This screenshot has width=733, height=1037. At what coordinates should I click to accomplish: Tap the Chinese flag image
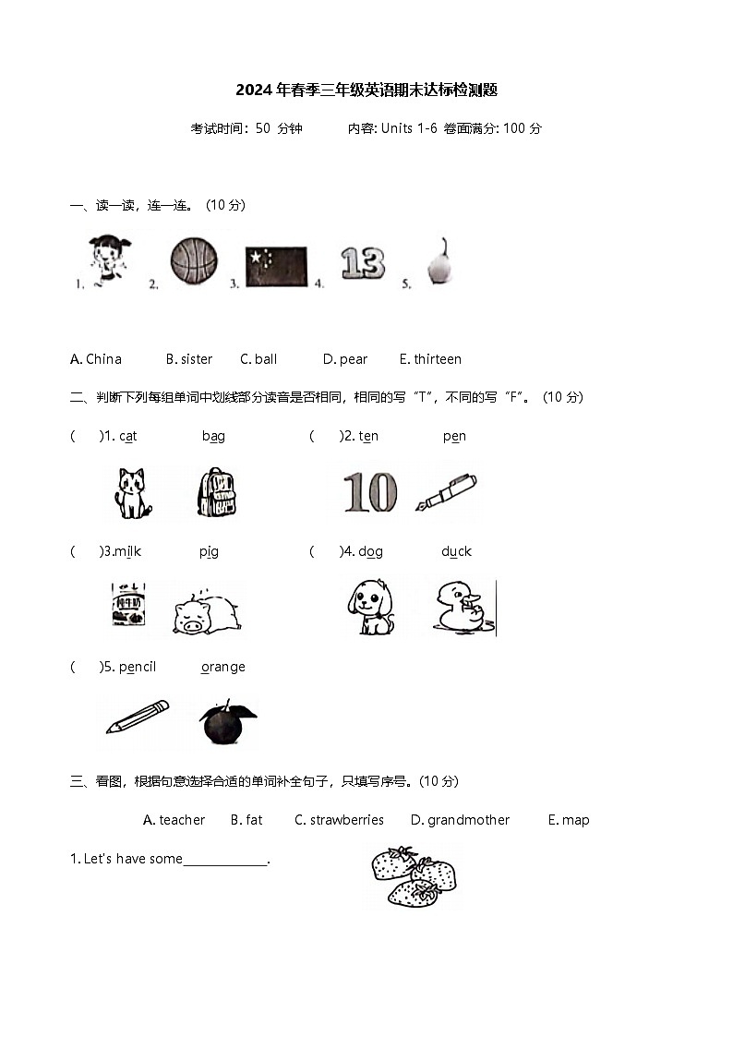click(x=276, y=266)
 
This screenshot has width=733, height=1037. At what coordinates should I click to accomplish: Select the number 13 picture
click(x=362, y=262)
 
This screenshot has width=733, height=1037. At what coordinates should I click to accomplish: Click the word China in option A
click(x=103, y=359)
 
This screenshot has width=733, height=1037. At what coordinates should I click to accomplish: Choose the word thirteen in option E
click(x=438, y=359)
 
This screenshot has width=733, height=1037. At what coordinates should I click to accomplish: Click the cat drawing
click(x=133, y=492)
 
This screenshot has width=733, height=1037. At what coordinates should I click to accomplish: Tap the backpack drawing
click(x=216, y=492)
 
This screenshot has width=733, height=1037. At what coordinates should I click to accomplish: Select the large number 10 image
click(x=369, y=492)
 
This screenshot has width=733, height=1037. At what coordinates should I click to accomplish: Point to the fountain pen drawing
click(x=446, y=491)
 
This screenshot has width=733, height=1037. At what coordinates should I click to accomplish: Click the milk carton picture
click(x=128, y=605)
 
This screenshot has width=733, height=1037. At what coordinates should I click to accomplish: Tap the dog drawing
click(x=371, y=607)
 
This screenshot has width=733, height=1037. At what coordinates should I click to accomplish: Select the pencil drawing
click(x=138, y=717)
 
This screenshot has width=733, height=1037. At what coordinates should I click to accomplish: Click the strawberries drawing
click(x=414, y=876)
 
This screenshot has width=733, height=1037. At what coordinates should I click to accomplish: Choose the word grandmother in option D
click(x=468, y=820)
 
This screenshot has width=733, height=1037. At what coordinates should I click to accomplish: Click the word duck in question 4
click(x=456, y=551)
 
